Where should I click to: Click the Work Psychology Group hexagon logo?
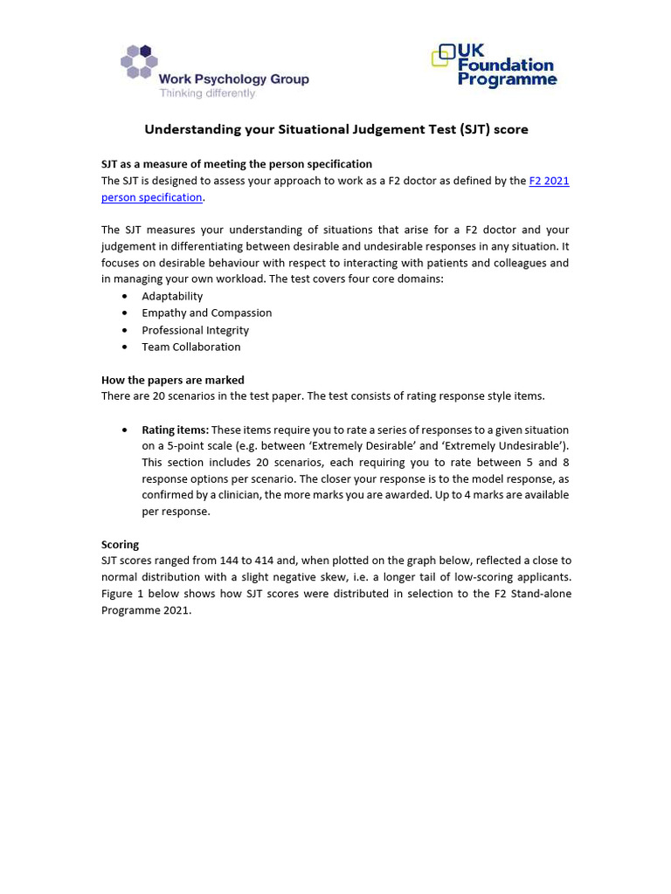139,62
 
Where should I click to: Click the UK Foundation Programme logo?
495,65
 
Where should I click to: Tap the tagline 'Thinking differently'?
207,93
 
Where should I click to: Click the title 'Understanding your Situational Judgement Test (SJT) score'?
335,129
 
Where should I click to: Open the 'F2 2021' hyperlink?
549,181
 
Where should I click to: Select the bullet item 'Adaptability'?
172,296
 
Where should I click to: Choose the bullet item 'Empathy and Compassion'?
206,313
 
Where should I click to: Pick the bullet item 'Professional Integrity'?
195,330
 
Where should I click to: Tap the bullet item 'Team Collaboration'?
190,347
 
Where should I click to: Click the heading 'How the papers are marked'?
172,380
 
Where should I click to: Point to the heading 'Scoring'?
120,544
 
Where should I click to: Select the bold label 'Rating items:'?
175,430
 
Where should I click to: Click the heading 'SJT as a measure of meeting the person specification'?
236,164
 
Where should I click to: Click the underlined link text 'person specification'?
151,197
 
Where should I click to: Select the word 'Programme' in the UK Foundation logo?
508,80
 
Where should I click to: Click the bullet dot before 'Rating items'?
124,430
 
